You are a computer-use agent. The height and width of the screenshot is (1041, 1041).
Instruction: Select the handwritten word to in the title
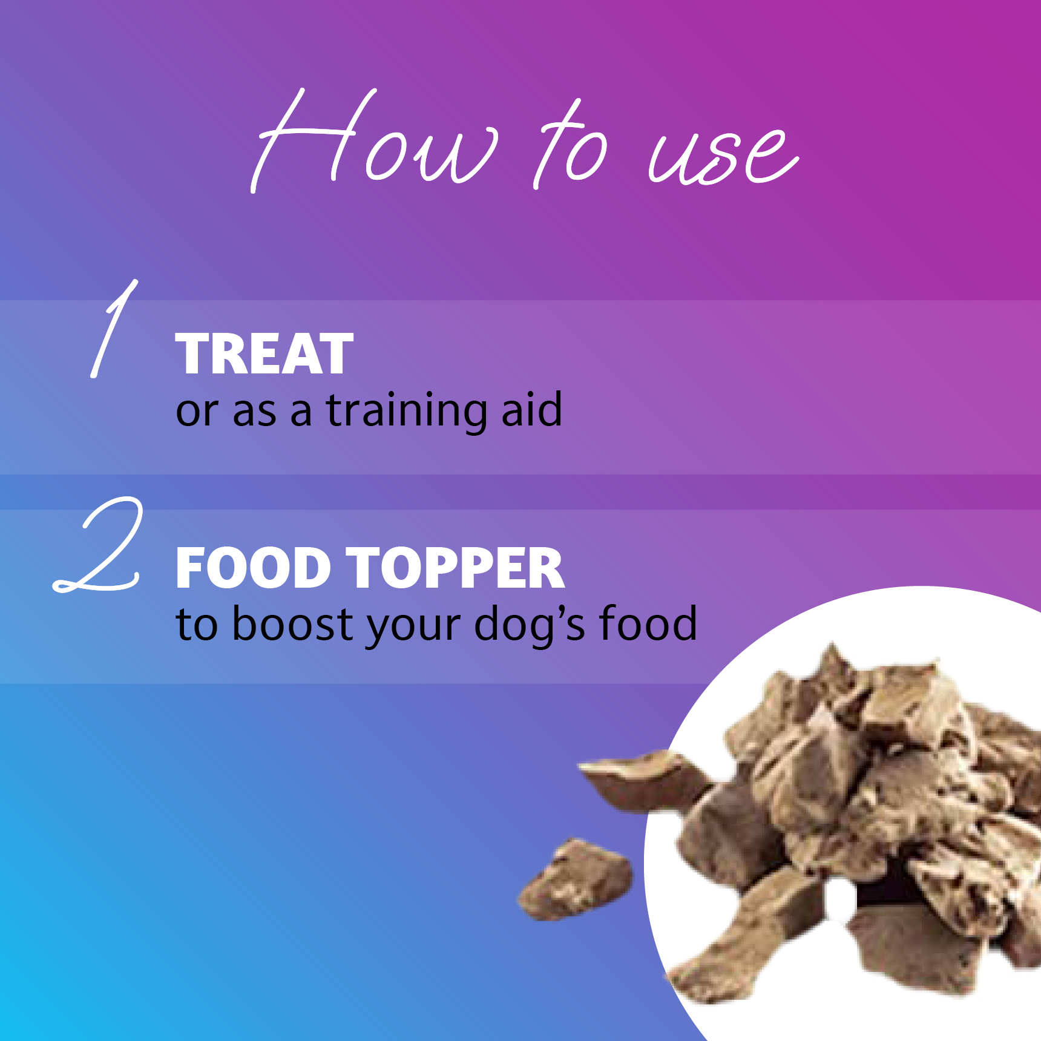click(x=569, y=145)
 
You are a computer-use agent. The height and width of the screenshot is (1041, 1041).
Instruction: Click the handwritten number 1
click(x=114, y=328)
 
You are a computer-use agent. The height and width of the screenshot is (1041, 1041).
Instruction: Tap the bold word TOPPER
click(x=458, y=568)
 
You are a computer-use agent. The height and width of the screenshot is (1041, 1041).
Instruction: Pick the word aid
click(x=533, y=409)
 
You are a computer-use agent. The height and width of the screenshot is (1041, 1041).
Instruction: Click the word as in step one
click(x=255, y=413)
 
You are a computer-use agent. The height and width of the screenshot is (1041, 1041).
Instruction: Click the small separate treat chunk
click(x=575, y=878)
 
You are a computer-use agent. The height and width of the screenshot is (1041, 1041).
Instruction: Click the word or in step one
click(x=197, y=413)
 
